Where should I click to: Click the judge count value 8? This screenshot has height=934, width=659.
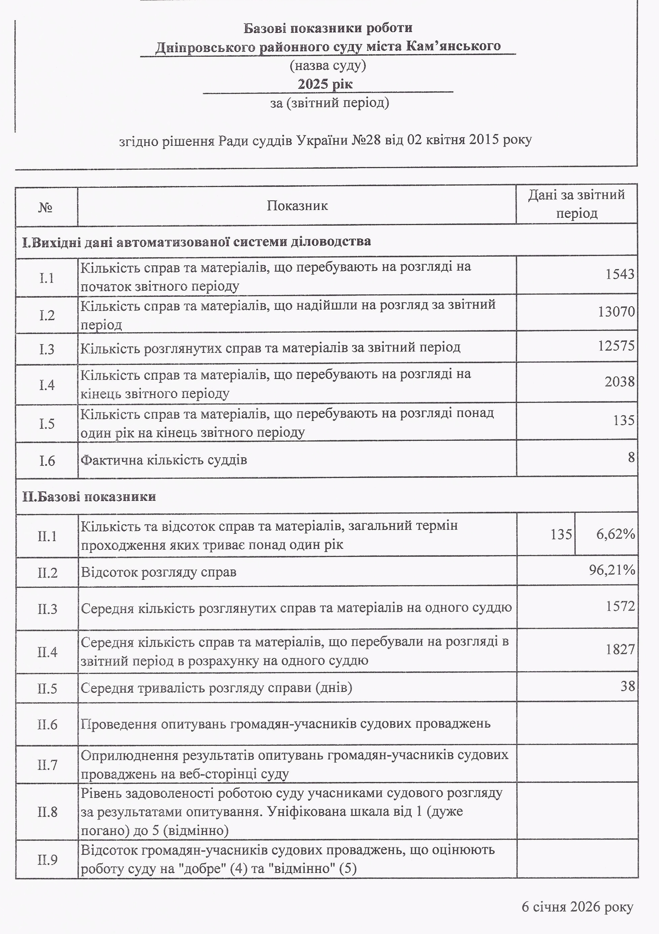(x=631, y=457)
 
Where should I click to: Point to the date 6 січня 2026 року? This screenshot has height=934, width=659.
(x=577, y=907)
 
